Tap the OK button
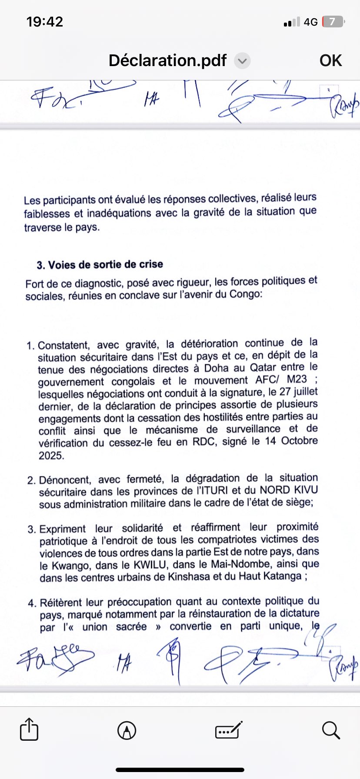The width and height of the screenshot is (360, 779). (330, 60)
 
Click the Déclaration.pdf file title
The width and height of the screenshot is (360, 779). (167, 60)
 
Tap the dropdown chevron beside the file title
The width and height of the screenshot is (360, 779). (242, 61)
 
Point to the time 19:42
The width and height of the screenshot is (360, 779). (44, 21)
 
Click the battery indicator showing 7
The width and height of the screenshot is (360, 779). (333, 22)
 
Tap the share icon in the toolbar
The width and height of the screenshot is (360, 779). (29, 730)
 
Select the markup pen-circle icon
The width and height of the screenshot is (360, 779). (127, 730)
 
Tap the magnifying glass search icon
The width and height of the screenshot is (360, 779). (331, 730)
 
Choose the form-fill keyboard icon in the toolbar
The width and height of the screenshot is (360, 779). (229, 730)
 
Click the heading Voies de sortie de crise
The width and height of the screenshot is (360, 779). (106, 265)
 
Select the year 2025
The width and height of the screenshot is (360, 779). (51, 456)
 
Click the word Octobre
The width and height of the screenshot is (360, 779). (299, 441)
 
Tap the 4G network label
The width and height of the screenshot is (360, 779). (310, 22)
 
